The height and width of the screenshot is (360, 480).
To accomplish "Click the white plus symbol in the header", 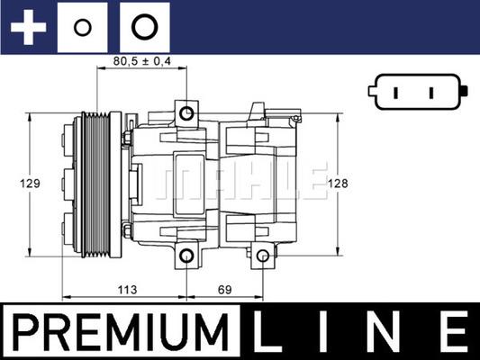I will (x=27, y=26).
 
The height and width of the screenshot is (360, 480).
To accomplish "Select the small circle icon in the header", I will (x=82, y=27).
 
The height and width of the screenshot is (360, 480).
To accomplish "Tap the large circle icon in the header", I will (x=142, y=26).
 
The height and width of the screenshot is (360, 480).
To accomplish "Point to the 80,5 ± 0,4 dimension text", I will (x=142, y=61).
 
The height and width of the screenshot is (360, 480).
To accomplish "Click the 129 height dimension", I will (x=31, y=184).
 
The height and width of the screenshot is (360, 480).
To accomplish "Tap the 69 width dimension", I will (x=224, y=291).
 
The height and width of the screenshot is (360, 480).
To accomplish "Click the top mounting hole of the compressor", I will (x=186, y=113).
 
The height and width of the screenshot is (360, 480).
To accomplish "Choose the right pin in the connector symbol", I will (x=431, y=92).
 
